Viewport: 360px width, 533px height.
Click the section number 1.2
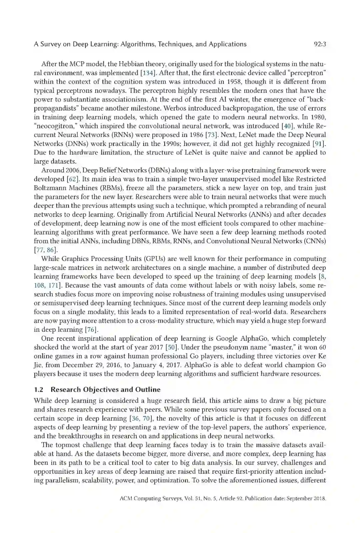coord(39,389)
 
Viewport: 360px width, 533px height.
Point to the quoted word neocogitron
coord(56,126)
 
